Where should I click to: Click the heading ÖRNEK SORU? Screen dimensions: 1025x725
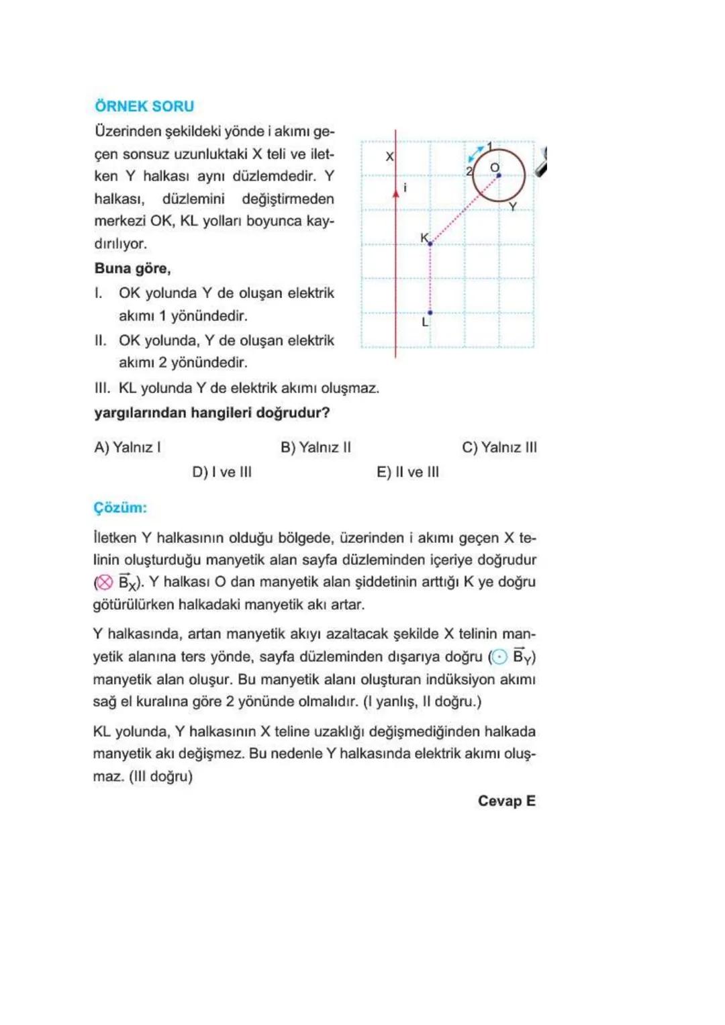click(x=144, y=106)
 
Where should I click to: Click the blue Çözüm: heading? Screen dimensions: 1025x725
click(x=120, y=507)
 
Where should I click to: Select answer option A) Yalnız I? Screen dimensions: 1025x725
click(x=128, y=447)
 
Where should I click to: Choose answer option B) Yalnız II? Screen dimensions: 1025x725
click(x=316, y=447)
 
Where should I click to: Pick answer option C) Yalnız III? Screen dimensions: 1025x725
click(x=499, y=447)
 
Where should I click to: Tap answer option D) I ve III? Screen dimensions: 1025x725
click(x=222, y=472)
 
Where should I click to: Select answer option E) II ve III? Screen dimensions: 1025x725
click(x=407, y=472)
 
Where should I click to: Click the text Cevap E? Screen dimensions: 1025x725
click(x=506, y=801)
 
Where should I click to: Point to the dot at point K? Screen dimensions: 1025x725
click(x=430, y=244)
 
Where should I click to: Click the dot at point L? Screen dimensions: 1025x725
click(x=430, y=313)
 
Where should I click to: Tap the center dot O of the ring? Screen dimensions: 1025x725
click(x=498, y=176)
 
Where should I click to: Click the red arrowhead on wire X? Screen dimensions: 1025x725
click(x=396, y=192)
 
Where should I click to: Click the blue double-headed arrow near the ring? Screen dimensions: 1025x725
click(x=476, y=154)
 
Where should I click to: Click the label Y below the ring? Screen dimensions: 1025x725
click(x=513, y=206)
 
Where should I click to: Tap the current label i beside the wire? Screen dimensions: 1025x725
click(x=405, y=188)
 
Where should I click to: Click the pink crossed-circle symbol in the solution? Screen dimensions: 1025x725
click(x=104, y=583)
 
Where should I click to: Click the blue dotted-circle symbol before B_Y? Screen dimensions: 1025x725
click(x=499, y=657)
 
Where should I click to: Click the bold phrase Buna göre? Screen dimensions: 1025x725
click(x=132, y=269)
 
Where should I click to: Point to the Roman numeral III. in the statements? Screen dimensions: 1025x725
click(x=103, y=388)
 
